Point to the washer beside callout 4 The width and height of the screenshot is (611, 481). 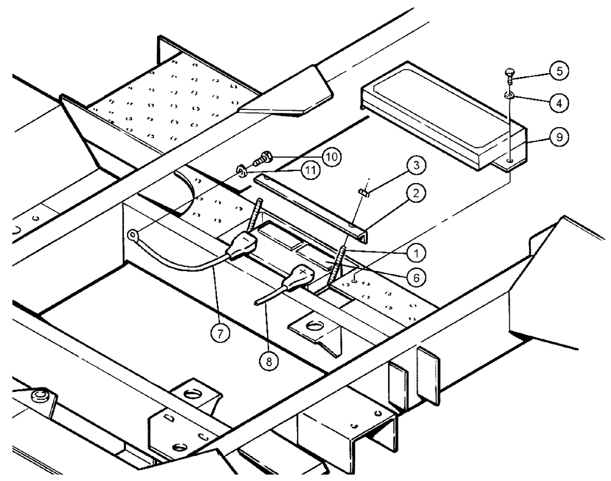(508, 95)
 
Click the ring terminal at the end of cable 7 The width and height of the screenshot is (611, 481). (132, 234)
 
